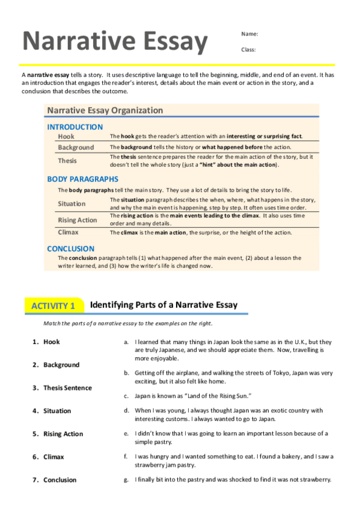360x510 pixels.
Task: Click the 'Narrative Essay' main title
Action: (115, 41)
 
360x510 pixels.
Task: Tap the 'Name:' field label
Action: (249, 33)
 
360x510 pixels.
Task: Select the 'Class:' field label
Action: (249, 49)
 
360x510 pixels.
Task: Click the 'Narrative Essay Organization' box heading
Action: (105, 110)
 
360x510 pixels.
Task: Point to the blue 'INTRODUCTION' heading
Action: (75, 127)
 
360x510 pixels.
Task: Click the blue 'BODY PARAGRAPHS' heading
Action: (82, 179)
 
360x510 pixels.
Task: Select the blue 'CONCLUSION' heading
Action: (70, 248)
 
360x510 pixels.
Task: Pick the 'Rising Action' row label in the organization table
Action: (77, 220)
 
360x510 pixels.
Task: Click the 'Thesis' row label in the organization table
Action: (67, 161)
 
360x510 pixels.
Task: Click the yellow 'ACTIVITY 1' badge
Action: (53, 306)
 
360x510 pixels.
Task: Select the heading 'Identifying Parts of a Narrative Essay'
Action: (163, 305)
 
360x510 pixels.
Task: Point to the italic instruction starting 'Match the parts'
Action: (127, 324)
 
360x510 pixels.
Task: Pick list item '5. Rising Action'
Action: (58, 434)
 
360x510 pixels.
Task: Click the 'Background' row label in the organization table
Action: (76, 147)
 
